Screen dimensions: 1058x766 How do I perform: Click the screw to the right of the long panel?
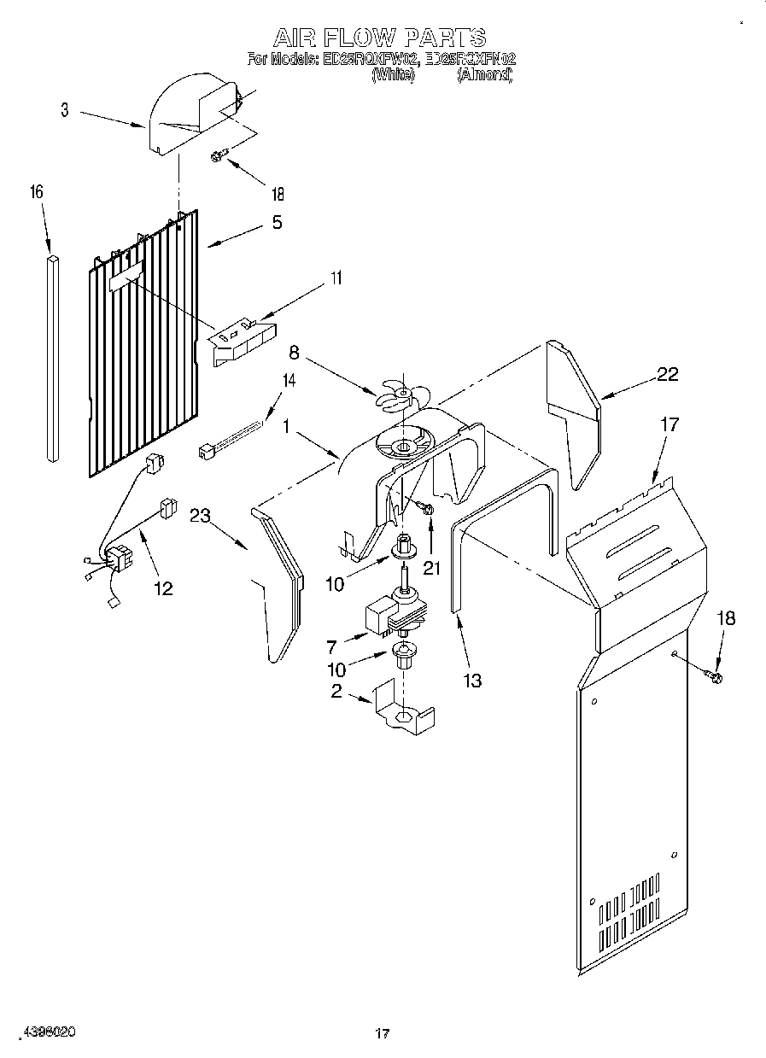tap(713, 677)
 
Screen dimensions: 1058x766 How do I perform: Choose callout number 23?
tap(200, 516)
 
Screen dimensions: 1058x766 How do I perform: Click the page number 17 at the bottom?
tap(383, 1034)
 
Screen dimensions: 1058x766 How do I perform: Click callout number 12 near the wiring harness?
tap(161, 587)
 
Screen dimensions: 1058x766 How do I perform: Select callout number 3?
tap(65, 110)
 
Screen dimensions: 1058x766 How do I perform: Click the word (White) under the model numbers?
tap(393, 75)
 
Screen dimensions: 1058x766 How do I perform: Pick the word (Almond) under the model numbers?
tap(484, 75)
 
